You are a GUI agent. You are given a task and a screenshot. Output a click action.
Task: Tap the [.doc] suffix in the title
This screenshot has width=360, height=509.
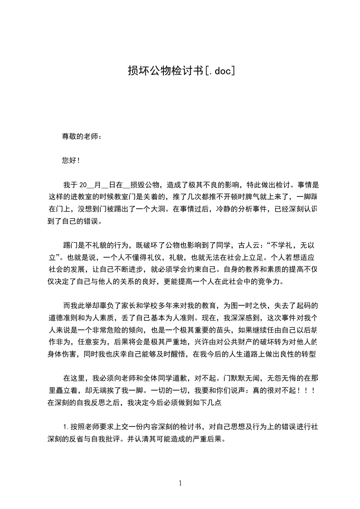pyautogui.click(x=219, y=71)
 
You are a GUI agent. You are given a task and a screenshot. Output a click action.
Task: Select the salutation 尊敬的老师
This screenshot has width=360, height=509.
pyautogui.click(x=79, y=136)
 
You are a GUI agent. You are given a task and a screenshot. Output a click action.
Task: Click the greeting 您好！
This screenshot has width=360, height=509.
pyautogui.click(x=71, y=160)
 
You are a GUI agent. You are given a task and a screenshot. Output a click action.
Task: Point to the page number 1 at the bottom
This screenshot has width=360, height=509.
pyautogui.click(x=180, y=483)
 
